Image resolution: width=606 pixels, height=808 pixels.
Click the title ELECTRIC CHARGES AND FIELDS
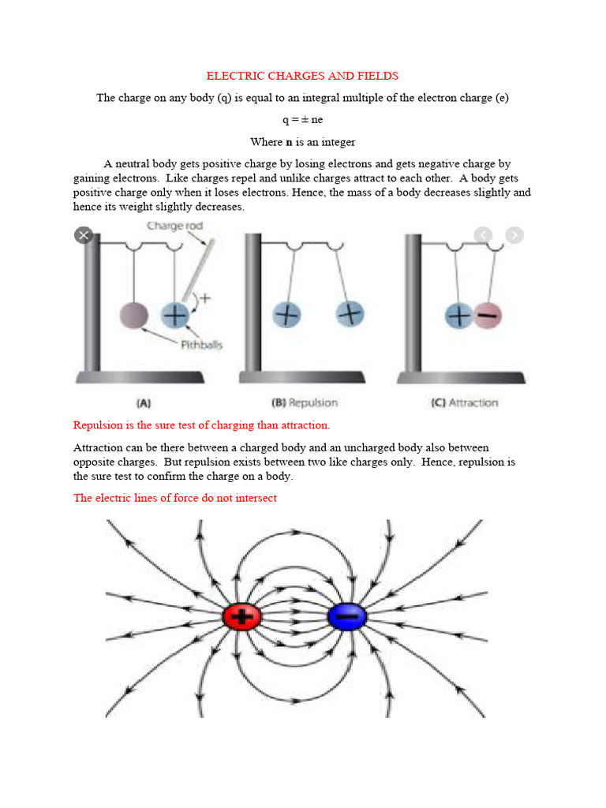click(x=302, y=77)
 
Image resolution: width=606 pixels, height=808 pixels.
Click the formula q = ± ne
click(x=302, y=120)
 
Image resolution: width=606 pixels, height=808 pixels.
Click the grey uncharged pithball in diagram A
click(x=133, y=316)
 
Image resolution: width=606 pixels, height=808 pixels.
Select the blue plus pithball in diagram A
click(x=174, y=316)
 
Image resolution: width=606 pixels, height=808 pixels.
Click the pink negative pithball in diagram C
click(x=488, y=316)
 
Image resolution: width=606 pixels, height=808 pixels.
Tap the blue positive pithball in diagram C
click(x=458, y=316)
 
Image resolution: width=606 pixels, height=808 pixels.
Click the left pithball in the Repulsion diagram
click(x=287, y=315)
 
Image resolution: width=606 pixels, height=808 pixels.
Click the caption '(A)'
click(x=144, y=402)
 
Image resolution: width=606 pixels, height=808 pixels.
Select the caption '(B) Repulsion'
click(x=304, y=402)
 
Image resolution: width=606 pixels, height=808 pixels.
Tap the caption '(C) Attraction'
click(x=464, y=402)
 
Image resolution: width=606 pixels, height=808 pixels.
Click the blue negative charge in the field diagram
click(x=346, y=617)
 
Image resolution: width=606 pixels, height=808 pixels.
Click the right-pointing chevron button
click(x=514, y=234)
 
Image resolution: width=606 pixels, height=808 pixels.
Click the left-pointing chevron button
click(x=483, y=234)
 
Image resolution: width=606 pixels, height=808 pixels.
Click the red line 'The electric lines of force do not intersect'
click(x=175, y=499)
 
